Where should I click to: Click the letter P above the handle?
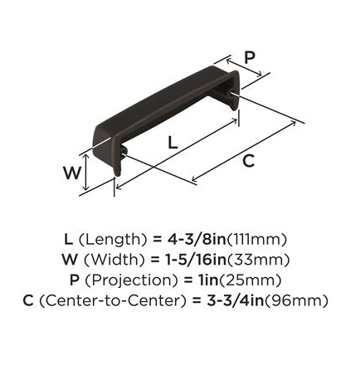[250, 58]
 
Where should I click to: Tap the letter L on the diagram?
[173, 143]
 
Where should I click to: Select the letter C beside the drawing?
[248, 161]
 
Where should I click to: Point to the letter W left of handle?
[72, 173]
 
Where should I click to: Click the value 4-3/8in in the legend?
[197, 239]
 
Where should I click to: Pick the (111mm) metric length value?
[256, 240]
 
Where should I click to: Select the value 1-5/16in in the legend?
[196, 260]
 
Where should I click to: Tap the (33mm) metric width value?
[258, 260]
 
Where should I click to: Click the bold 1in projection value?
[208, 280]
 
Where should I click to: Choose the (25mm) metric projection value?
[251, 280]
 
